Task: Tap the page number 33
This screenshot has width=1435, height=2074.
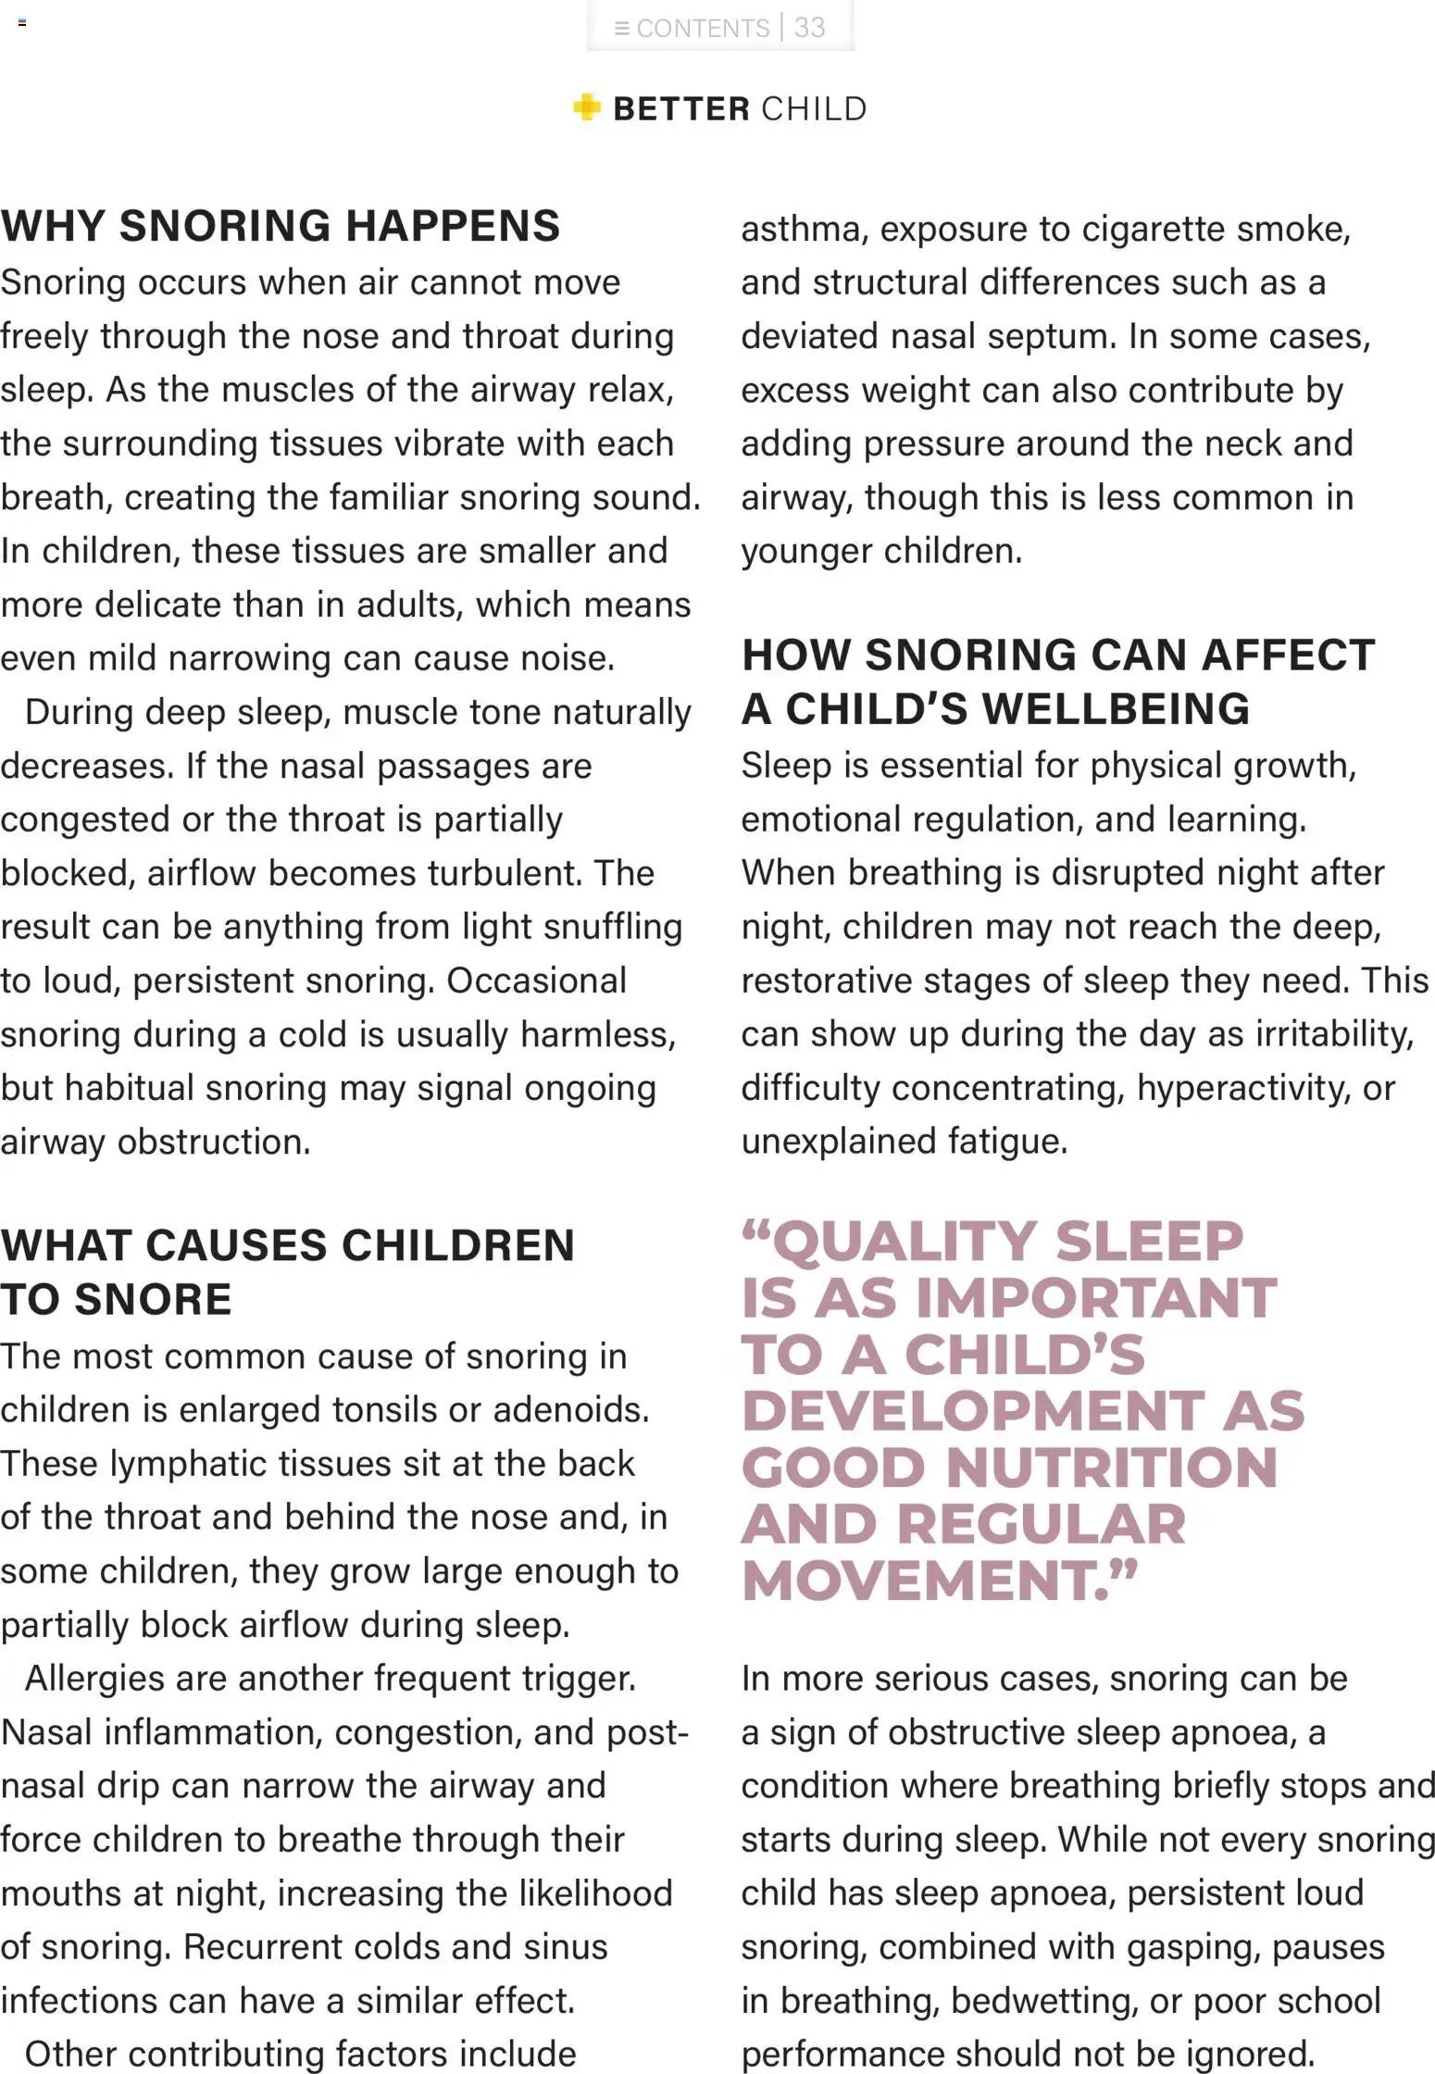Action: click(810, 28)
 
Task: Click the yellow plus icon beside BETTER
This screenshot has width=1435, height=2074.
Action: click(586, 107)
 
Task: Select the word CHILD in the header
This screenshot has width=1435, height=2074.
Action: click(814, 109)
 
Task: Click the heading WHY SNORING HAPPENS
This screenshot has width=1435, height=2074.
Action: click(281, 227)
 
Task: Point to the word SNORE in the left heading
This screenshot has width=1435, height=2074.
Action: click(154, 1299)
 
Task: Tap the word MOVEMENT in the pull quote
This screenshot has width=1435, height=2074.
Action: click(926, 1580)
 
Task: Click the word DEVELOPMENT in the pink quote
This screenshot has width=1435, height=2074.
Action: click(972, 1411)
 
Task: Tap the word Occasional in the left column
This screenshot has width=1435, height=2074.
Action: click(536, 981)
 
